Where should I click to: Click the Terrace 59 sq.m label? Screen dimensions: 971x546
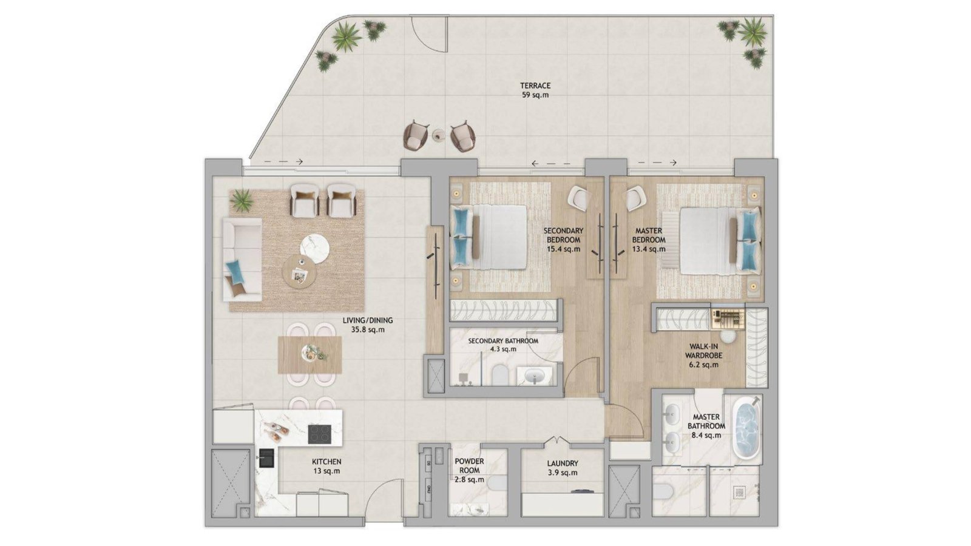[535, 90]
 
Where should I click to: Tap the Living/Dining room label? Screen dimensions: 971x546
[368, 325]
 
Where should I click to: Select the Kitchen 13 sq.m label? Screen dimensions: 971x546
[326, 467]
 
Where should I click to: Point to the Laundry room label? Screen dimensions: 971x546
[562, 468]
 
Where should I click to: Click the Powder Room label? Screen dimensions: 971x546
[469, 471]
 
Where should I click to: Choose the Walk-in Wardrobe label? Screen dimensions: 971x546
[703, 356]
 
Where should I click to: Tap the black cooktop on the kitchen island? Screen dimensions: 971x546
[319, 434]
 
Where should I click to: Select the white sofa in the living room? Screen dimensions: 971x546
[242, 259]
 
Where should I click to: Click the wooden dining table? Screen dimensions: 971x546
[310, 355]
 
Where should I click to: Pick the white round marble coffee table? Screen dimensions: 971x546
[315, 248]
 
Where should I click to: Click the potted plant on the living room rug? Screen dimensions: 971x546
[242, 201]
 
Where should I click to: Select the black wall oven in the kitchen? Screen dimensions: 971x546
[266, 458]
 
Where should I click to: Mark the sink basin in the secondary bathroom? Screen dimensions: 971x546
[536, 376]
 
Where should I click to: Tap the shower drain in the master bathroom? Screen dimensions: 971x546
[739, 493]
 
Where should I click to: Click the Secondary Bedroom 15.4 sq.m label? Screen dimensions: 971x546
[563, 240]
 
